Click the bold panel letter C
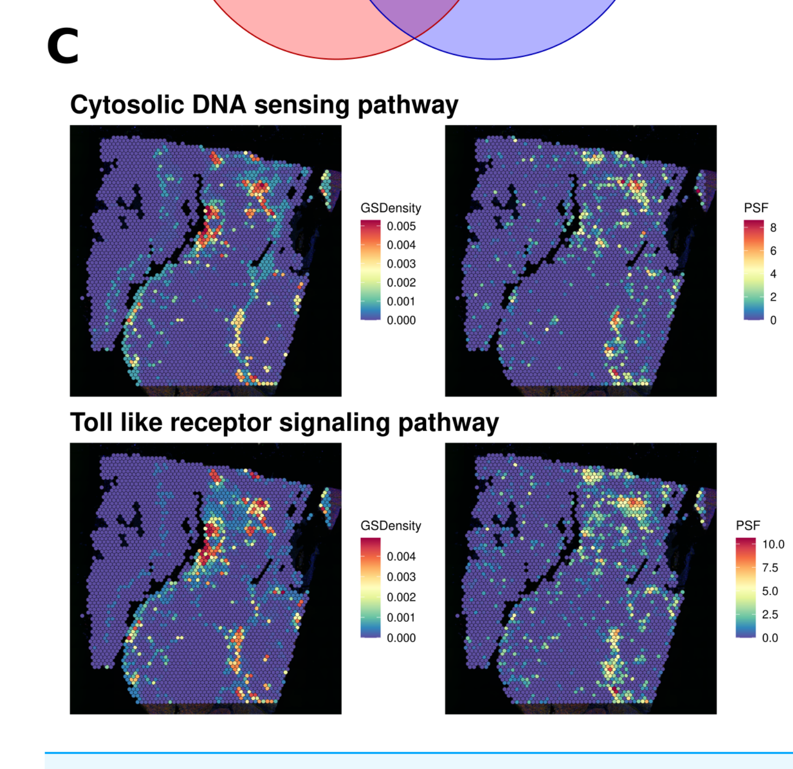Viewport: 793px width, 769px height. point(63,46)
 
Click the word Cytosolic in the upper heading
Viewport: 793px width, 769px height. point(127,105)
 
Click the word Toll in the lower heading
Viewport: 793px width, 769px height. point(91,422)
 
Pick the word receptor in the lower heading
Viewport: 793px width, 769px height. point(221,423)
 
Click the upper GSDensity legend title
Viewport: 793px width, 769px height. point(391,208)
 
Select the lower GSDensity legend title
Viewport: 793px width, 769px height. point(391,526)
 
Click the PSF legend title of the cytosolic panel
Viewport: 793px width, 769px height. point(756,208)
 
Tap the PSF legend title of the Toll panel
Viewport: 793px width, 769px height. point(748,526)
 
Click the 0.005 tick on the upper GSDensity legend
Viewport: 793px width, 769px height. point(401,226)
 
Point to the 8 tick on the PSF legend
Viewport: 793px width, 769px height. point(773,228)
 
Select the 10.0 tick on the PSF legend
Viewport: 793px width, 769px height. point(773,545)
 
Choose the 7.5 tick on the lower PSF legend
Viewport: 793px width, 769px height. point(770,568)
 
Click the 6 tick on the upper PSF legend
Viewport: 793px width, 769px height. point(773,251)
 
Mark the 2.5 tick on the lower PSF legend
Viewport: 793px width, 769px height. point(770,615)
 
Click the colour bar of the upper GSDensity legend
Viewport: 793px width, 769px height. point(370,270)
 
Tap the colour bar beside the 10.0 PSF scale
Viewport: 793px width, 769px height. point(745,588)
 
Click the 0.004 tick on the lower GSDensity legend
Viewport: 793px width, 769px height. point(401,557)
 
